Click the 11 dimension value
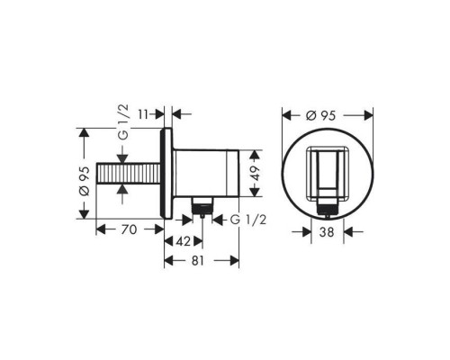(x=144, y=114)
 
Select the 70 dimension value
(x=129, y=229)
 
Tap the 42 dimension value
(x=184, y=241)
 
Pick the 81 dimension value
(x=198, y=261)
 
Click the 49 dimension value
(x=255, y=174)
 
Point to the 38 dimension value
(x=327, y=232)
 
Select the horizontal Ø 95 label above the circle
(x=320, y=115)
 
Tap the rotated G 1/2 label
(x=123, y=122)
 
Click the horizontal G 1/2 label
(x=248, y=220)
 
